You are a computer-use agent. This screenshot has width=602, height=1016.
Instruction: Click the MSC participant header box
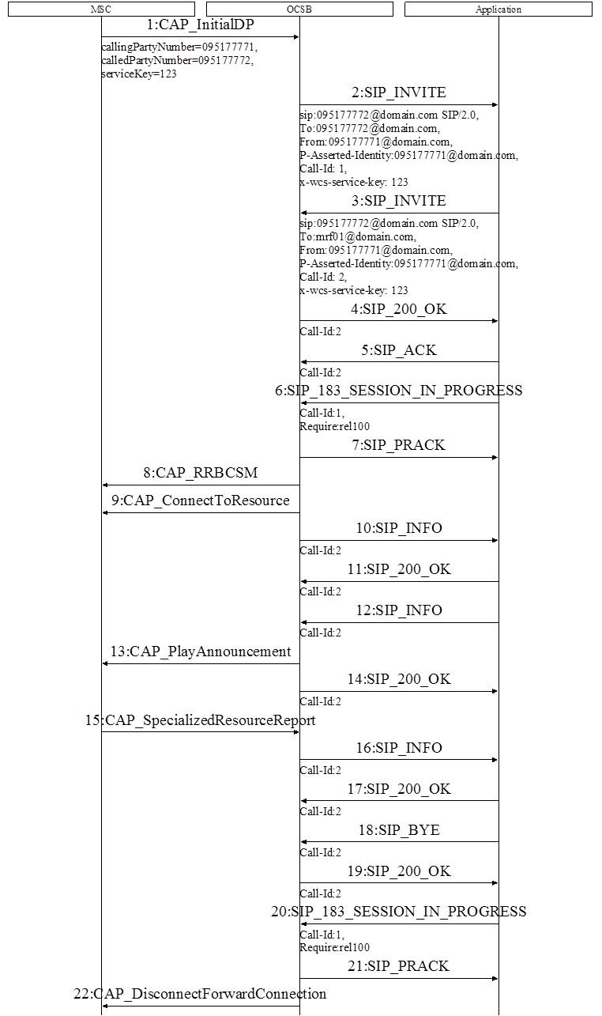[101, 9]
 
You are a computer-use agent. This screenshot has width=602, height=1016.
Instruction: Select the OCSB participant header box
[299, 9]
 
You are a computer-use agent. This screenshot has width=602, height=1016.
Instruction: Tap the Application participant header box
[499, 9]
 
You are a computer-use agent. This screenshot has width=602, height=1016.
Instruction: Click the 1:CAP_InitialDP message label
[200, 25]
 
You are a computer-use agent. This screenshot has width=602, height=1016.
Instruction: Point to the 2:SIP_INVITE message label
[399, 93]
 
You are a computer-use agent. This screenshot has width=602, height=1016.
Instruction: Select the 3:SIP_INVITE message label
[399, 201]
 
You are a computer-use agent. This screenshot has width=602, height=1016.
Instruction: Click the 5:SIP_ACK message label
[399, 350]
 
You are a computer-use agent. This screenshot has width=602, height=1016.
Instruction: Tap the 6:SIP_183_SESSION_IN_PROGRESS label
[399, 391]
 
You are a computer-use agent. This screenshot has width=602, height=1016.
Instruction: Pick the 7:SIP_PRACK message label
[399, 445]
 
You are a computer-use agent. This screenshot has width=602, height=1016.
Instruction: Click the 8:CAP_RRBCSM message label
[200, 473]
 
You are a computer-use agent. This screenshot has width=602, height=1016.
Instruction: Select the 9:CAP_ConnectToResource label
[200, 500]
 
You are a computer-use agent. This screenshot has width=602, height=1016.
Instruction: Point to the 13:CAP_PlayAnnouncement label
[200, 652]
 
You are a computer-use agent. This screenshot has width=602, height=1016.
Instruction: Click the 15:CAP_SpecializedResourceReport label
[200, 720]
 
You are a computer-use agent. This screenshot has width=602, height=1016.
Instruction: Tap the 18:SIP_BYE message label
[399, 830]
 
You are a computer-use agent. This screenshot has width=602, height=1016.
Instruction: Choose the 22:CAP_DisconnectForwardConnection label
[200, 994]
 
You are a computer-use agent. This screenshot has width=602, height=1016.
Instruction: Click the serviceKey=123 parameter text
[139, 74]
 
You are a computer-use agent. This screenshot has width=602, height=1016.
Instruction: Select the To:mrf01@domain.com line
[357, 236]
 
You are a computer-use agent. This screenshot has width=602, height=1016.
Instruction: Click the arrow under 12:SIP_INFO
[399, 622]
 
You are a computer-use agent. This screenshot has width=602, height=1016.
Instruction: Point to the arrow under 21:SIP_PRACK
[399, 978]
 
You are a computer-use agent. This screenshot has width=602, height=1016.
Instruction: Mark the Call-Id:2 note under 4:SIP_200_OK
[320, 332]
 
